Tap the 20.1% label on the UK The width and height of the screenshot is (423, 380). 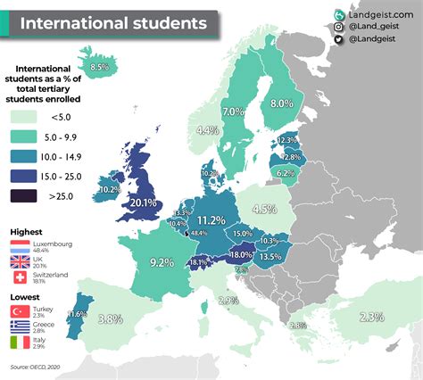coord(144,202)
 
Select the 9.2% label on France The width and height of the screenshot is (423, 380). coord(162,262)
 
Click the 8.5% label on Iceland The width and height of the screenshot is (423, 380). coord(99,66)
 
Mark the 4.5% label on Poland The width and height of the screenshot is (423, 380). coord(263,209)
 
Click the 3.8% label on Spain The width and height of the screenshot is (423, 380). coord(110,318)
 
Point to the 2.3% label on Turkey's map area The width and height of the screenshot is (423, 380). coord(372,317)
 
